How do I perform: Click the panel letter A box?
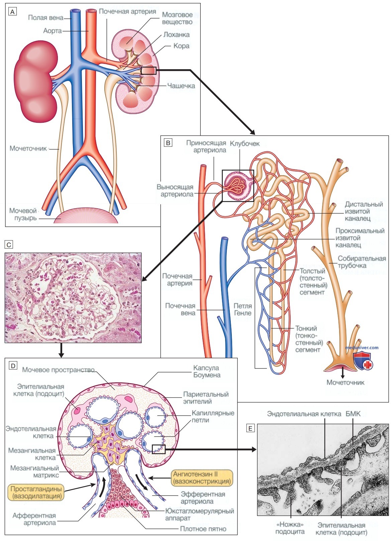click(x=12, y=12)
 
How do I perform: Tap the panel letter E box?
click(x=250, y=428)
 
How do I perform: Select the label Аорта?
click(x=53, y=31)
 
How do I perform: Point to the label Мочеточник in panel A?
click(x=28, y=148)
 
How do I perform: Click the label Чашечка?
click(x=181, y=86)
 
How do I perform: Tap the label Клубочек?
click(x=245, y=143)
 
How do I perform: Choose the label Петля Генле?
click(x=242, y=309)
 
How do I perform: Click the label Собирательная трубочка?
click(x=362, y=262)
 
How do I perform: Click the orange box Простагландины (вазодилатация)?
click(x=36, y=493)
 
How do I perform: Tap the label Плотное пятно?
click(x=203, y=529)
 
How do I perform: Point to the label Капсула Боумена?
click(x=207, y=371)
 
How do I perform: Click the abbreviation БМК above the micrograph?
click(x=353, y=414)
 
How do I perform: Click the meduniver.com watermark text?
click(x=362, y=347)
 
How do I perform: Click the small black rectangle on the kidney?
click(x=149, y=71)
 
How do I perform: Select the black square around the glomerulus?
click(x=238, y=186)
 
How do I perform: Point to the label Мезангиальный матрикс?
click(x=34, y=471)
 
